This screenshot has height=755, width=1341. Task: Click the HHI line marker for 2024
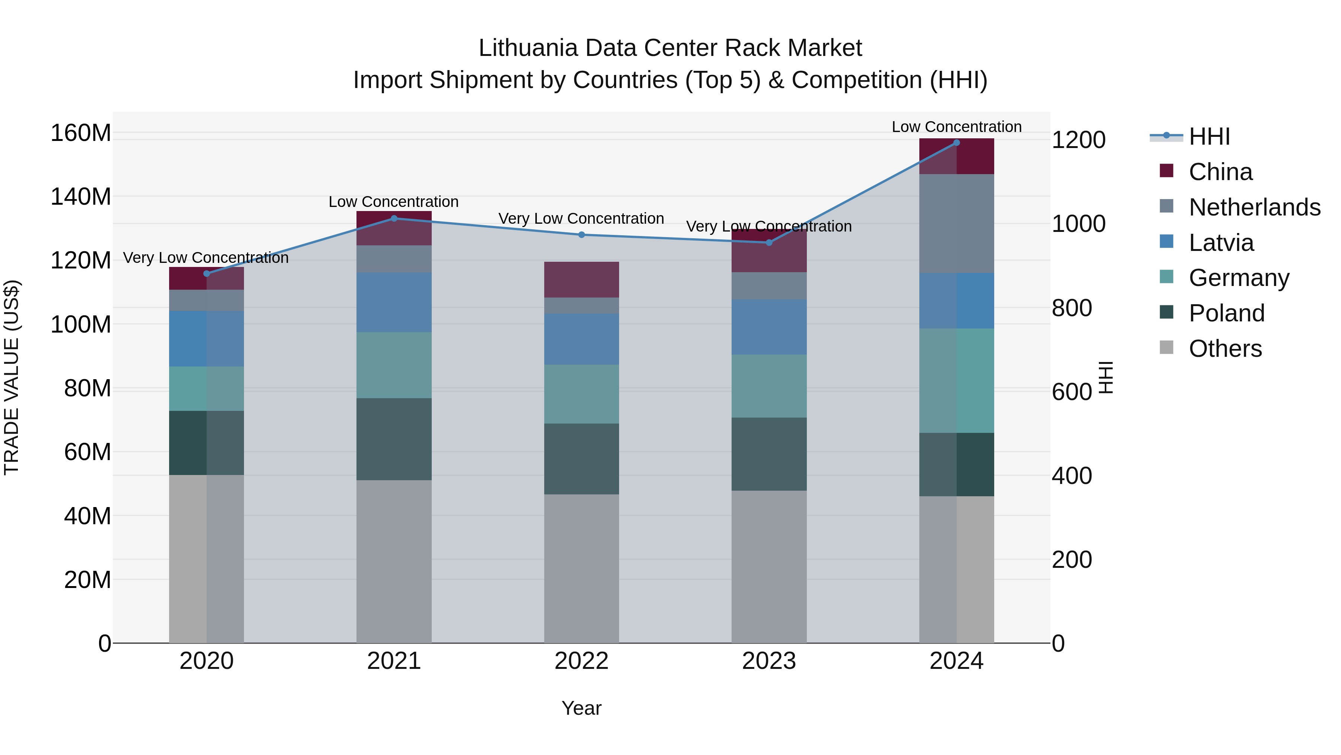[x=956, y=143]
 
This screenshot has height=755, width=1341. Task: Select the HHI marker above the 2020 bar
[x=207, y=274]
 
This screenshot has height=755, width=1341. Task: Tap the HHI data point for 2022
[x=581, y=235]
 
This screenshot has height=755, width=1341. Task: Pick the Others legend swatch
[x=1167, y=347]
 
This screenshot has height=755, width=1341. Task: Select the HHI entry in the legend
[x=1209, y=136]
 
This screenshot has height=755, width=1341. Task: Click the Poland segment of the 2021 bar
[x=394, y=439]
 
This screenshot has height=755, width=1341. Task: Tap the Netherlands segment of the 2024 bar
[x=956, y=224]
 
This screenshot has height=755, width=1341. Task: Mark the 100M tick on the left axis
[x=81, y=325]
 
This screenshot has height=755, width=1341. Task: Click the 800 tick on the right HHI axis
[x=1072, y=308]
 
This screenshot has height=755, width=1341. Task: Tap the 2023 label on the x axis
[x=769, y=661]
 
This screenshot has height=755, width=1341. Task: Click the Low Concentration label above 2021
[x=394, y=202]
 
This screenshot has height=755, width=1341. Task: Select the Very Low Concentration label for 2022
[x=581, y=218]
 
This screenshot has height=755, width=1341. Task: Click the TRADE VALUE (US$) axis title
[x=12, y=377]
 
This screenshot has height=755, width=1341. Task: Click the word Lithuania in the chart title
[x=528, y=48]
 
